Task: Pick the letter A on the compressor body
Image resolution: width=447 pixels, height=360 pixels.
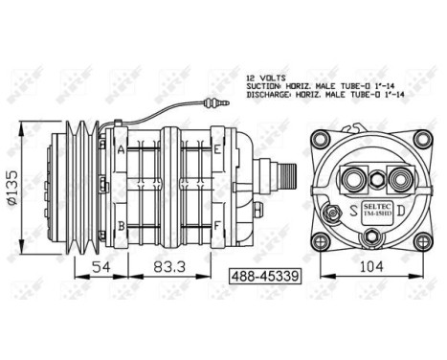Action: pyautogui.click(x=122, y=149)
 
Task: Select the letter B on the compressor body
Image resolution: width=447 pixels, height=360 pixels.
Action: pyautogui.click(x=122, y=225)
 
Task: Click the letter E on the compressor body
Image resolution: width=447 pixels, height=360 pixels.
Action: pyautogui.click(x=218, y=149)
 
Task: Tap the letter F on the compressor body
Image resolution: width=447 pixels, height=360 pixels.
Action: pyautogui.click(x=218, y=225)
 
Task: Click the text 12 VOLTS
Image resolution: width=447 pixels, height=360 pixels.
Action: pyautogui.click(x=267, y=76)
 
